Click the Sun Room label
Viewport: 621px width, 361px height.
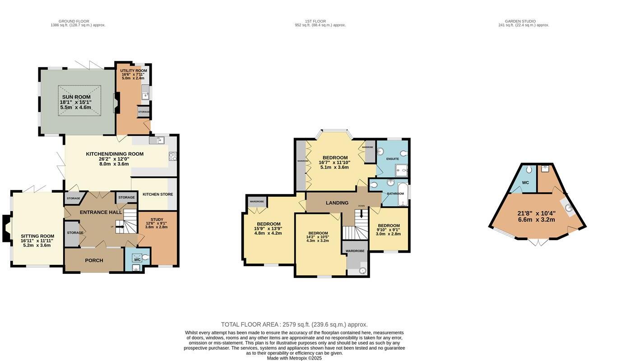click(x=76, y=97)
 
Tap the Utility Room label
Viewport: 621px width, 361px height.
click(x=134, y=71)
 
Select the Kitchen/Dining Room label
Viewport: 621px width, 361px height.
click(x=115, y=154)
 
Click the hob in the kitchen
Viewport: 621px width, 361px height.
click(x=172, y=156)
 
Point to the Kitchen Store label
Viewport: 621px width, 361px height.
click(x=158, y=194)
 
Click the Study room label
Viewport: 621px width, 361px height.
click(x=157, y=220)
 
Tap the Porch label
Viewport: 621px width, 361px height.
click(x=94, y=260)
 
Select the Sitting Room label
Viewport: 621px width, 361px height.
click(x=37, y=236)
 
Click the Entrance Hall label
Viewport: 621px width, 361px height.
click(x=101, y=212)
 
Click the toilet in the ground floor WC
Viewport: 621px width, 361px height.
click(x=144, y=258)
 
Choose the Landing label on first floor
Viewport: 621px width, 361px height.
click(x=337, y=203)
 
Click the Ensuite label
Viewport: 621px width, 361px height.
click(x=392, y=159)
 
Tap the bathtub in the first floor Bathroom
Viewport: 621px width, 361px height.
click(x=403, y=194)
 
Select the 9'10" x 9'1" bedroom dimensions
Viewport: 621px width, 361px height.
click(x=388, y=230)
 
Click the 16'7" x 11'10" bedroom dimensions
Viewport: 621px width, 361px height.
click(x=334, y=162)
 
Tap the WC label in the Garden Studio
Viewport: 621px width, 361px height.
click(x=525, y=183)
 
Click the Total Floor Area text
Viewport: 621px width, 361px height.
click(x=294, y=324)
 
